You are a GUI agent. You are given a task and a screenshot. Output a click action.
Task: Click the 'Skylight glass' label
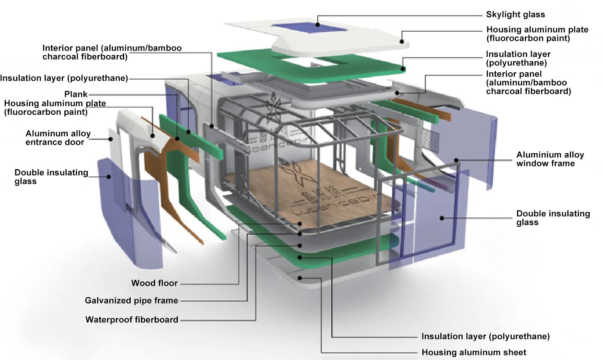(x=515, y=15)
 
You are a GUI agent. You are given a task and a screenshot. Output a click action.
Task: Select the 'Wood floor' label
(x=154, y=283)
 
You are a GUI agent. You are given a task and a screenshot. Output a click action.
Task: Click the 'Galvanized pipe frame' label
(x=131, y=301)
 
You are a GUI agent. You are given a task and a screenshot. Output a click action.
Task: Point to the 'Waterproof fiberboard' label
(x=132, y=320)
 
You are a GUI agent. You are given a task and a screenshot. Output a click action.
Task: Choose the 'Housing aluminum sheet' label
(x=474, y=352)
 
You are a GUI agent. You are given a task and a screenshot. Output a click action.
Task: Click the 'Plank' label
(x=76, y=94)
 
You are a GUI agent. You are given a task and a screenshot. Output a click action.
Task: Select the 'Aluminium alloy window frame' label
(x=550, y=159)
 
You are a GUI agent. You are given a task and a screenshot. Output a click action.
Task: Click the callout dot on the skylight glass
(x=318, y=24)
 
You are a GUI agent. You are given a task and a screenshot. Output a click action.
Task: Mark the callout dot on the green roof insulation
(x=403, y=69)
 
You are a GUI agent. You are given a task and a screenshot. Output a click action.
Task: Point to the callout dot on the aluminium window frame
(x=456, y=161)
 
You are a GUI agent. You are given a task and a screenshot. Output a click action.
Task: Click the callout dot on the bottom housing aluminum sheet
(x=300, y=278)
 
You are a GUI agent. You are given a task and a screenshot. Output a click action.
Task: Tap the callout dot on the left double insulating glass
(x=109, y=176)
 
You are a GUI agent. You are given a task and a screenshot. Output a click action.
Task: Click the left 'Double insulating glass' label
(x=51, y=177)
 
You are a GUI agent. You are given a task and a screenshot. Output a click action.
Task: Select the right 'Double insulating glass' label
(x=553, y=218)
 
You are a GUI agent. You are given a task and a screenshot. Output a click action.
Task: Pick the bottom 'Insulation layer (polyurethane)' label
(x=485, y=336)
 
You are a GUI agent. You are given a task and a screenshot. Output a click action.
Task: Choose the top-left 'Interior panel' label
(x=112, y=52)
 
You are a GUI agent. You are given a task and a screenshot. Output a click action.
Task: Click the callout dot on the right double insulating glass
(x=442, y=218)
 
